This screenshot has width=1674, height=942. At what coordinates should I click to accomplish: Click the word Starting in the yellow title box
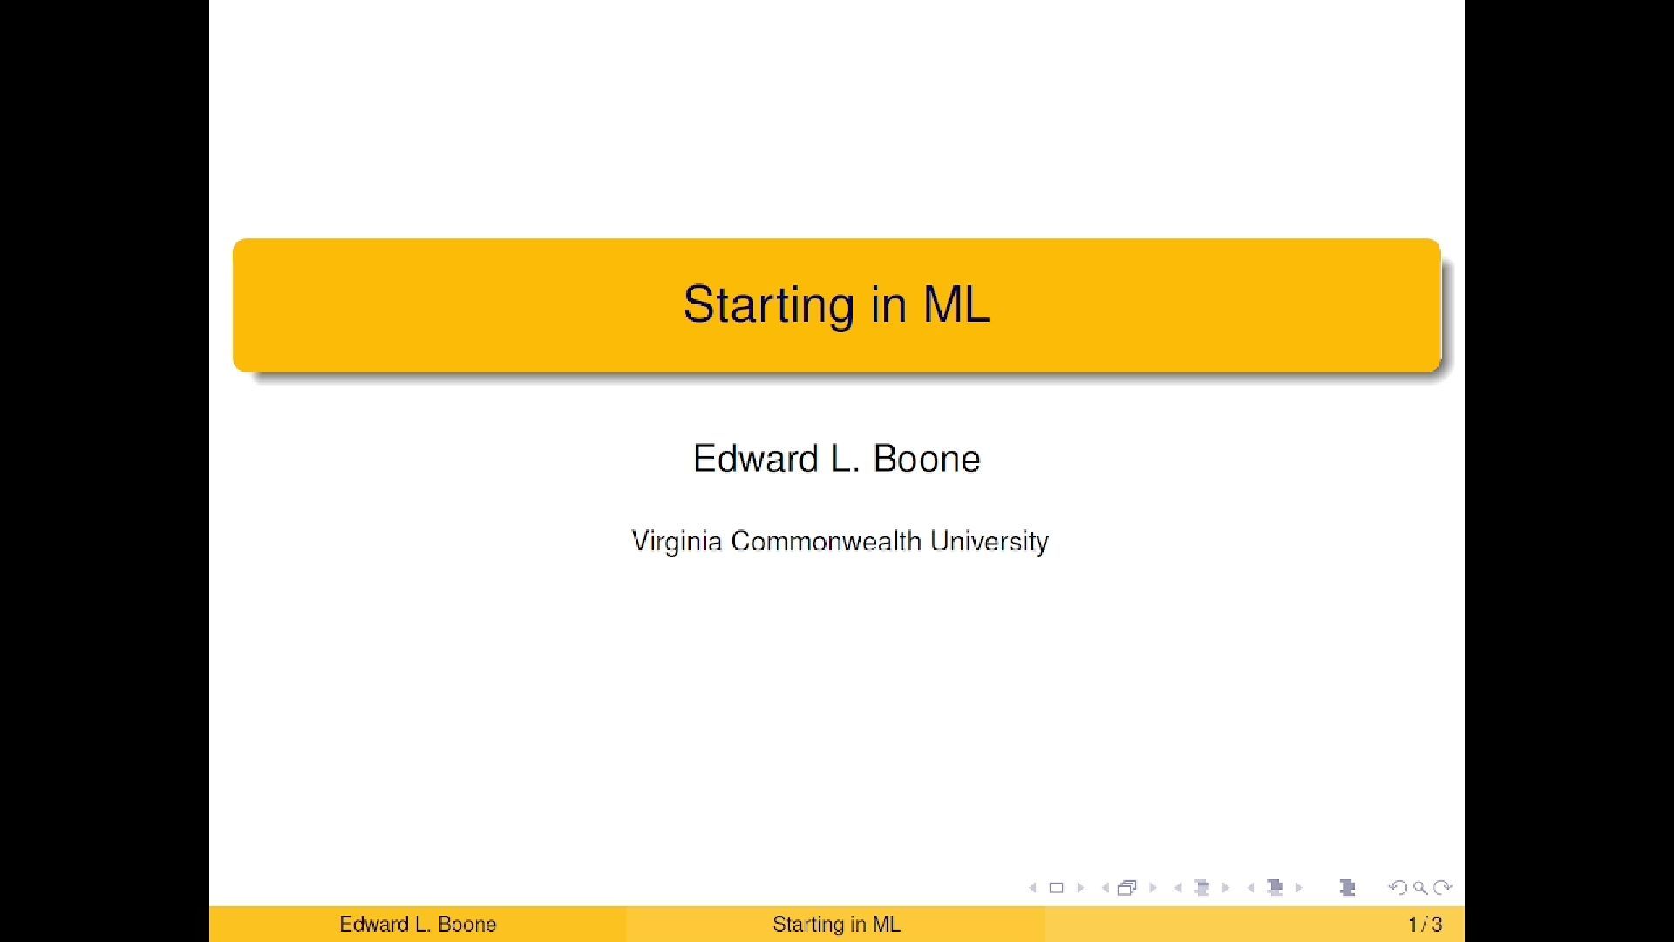pos(768,305)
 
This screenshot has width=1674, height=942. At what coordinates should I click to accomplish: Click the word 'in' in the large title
pos(888,304)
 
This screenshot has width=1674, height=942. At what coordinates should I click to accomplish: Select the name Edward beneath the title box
pos(756,459)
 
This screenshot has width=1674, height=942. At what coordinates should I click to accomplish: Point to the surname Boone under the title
pos(927,459)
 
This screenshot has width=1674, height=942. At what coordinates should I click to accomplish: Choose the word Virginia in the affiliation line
pos(677,542)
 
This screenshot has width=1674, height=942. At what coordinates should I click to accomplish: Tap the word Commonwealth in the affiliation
pos(826,541)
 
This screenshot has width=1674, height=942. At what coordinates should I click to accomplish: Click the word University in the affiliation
pos(990,542)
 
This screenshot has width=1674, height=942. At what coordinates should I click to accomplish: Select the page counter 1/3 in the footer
pos(1426,925)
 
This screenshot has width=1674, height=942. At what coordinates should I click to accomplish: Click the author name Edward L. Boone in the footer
pos(418,925)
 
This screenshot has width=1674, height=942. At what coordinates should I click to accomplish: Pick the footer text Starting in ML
pos(836,925)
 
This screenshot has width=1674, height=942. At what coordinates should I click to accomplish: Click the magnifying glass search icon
pos(1420,888)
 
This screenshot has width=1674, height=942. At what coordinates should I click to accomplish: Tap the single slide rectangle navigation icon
pos(1056,888)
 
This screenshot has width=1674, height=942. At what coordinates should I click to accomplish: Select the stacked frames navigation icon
pos(1126,888)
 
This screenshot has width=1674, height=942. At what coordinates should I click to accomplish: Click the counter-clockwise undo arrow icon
pos(1398,888)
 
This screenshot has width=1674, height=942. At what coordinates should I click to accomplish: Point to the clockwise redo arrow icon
pos(1443,888)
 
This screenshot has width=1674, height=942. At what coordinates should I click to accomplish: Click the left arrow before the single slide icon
pos(1033,888)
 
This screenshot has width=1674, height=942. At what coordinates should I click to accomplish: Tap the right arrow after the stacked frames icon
pos(1153,888)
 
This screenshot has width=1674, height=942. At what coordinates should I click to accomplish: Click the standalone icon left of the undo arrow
pos(1347,888)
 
